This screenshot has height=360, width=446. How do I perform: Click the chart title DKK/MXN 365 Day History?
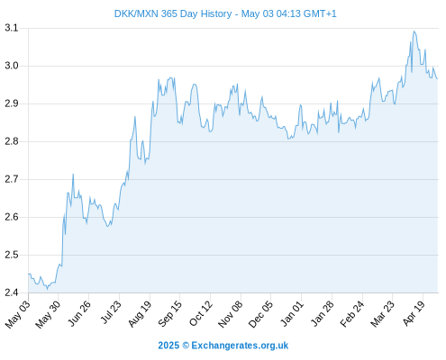(x=173, y=13)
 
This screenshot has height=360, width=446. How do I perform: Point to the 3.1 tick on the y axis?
(x=12, y=28)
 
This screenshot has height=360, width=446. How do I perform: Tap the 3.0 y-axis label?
(x=12, y=66)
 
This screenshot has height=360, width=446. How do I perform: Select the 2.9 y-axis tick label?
(x=12, y=103)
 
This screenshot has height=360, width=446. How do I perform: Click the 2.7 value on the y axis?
(x=12, y=179)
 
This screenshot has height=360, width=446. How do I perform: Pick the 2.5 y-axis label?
(x=12, y=255)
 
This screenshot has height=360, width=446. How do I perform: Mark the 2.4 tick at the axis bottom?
(x=12, y=292)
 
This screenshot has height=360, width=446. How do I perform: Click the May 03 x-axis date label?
(x=17, y=314)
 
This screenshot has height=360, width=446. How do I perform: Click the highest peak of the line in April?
(x=414, y=31)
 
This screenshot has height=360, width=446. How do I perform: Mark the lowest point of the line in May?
(x=47, y=289)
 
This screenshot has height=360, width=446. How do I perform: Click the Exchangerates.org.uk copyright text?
(x=240, y=346)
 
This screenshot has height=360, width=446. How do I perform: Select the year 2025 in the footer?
(x=168, y=346)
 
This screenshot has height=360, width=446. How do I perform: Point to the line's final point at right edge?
(x=438, y=79)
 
